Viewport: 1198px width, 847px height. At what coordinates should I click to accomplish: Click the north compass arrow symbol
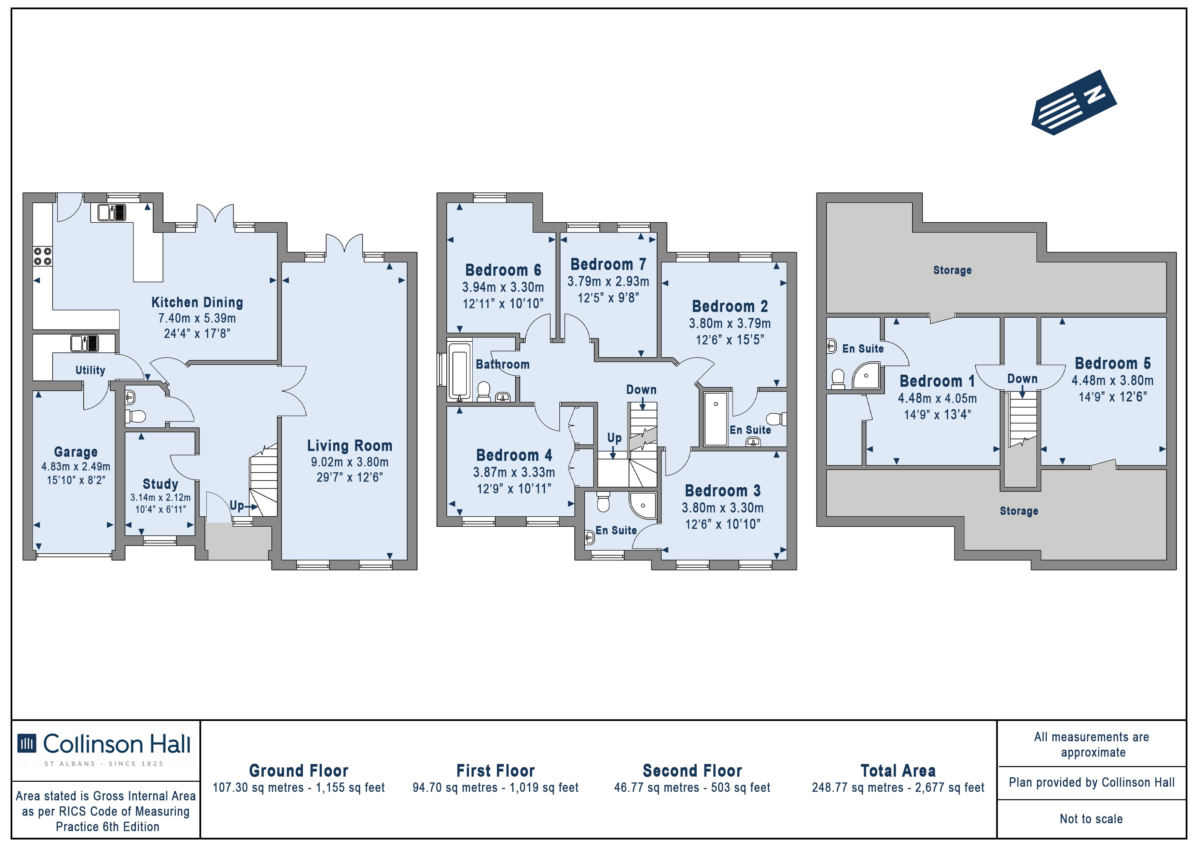pyautogui.click(x=1073, y=102)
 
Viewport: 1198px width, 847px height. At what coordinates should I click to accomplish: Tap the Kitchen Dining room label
pyautogui.click(x=197, y=302)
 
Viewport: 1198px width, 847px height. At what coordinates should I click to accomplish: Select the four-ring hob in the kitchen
pyautogui.click(x=42, y=256)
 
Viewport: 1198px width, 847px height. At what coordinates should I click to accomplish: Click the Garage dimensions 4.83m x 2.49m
pyautogui.click(x=76, y=467)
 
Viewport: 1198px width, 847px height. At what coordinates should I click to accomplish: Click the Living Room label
pyautogui.click(x=350, y=446)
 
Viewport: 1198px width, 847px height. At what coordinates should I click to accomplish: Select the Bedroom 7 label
pyautogui.click(x=609, y=265)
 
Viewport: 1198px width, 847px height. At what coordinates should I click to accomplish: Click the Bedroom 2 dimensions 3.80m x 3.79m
pyautogui.click(x=729, y=323)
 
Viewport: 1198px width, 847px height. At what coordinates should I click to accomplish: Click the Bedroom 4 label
pyautogui.click(x=514, y=455)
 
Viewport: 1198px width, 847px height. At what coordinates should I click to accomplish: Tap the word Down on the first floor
pyautogui.click(x=641, y=389)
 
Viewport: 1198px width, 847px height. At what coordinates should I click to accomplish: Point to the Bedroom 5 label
pyautogui.click(x=1112, y=363)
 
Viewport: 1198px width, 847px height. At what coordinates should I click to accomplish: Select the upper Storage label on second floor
pyautogui.click(x=952, y=270)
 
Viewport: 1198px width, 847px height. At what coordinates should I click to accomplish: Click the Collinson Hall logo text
pyautogui.click(x=117, y=744)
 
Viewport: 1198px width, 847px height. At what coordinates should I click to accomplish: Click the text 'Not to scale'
pyautogui.click(x=1091, y=819)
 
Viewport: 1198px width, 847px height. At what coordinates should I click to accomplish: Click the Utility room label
pyautogui.click(x=90, y=370)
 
